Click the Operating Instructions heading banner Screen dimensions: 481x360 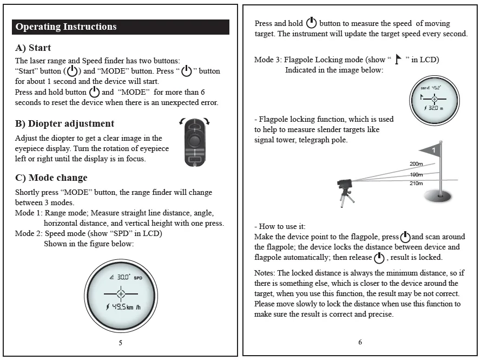click(x=121, y=27)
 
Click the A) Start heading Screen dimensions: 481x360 click(x=33, y=48)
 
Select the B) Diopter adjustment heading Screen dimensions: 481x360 click(x=65, y=123)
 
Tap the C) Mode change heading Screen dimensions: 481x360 click(x=51, y=178)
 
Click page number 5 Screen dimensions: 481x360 click(x=121, y=343)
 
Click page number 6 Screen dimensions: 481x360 click(x=360, y=342)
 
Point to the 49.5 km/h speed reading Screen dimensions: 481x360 click(x=123, y=306)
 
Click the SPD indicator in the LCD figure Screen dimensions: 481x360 click(x=138, y=278)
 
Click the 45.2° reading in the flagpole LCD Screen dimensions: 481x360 click(x=436, y=88)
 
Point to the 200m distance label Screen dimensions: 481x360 click(x=416, y=164)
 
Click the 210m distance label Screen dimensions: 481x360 click(x=416, y=184)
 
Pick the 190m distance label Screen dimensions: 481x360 click(x=416, y=175)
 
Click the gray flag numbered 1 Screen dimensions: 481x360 click(x=430, y=150)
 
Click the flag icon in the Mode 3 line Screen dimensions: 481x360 click(x=398, y=59)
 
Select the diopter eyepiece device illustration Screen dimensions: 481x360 click(x=195, y=142)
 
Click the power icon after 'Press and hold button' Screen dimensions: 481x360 click(x=95, y=92)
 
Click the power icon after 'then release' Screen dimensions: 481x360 click(x=379, y=258)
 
